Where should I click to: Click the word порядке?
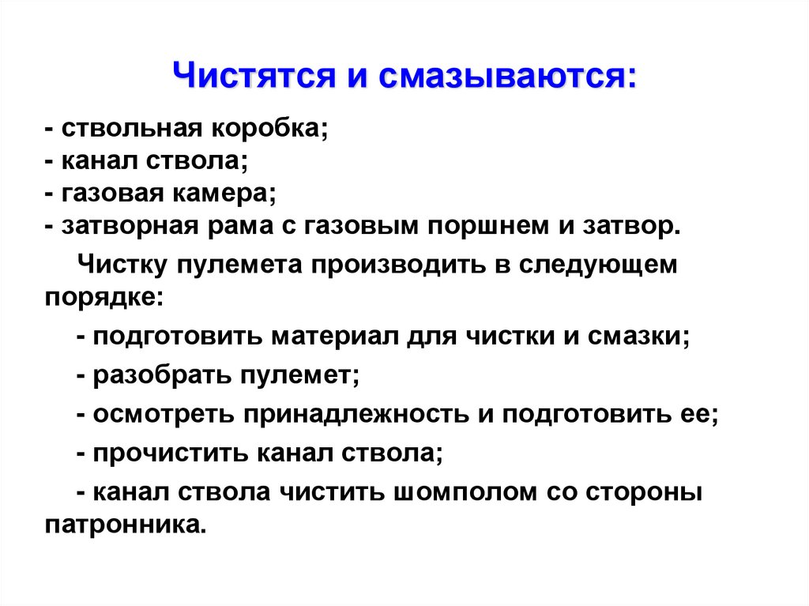click(x=103, y=296)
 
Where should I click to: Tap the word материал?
click(x=339, y=336)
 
